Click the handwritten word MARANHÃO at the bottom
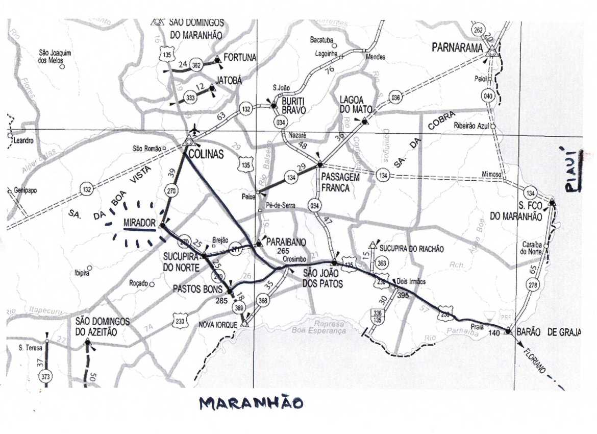pyautogui.click(x=251, y=403)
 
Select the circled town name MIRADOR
pyautogui.click(x=139, y=224)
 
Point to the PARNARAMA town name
pyautogui.click(x=457, y=47)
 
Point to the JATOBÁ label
pyautogui.click(x=229, y=80)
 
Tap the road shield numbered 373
pyautogui.click(x=45, y=377)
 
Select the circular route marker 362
pyautogui.click(x=196, y=65)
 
